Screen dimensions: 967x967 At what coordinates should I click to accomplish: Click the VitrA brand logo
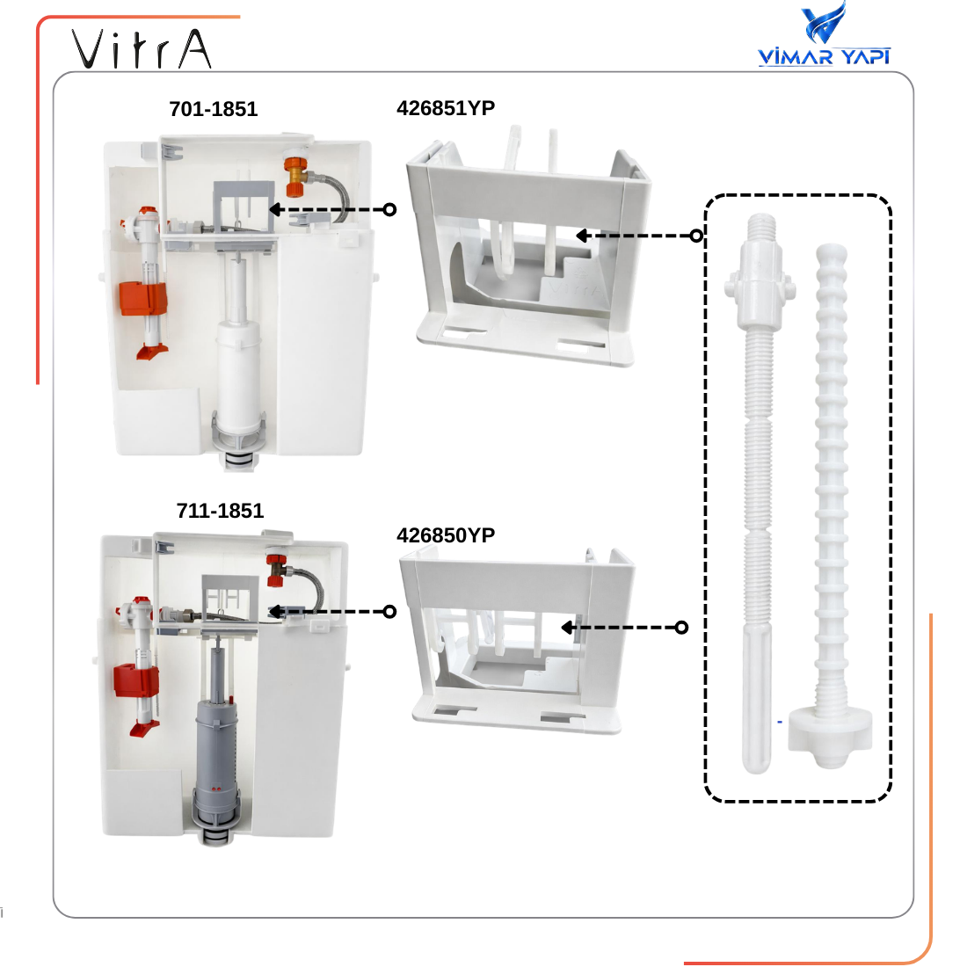pyautogui.click(x=142, y=48)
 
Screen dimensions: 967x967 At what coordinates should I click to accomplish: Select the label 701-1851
pyautogui.click(x=214, y=109)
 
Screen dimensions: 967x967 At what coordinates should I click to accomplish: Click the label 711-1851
pyautogui.click(x=220, y=511)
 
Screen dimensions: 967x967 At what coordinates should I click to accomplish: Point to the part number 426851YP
pyautogui.click(x=446, y=108)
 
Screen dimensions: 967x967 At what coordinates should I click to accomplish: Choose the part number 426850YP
pyautogui.click(x=446, y=535)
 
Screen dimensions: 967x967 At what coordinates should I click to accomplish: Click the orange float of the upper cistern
pyautogui.click(x=143, y=298)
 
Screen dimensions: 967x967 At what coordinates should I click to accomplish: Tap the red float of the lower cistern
pyautogui.click(x=136, y=680)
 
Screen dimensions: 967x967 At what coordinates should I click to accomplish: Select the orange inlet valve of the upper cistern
pyautogui.click(x=296, y=175)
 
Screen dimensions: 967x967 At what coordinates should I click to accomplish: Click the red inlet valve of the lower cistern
pyautogui.click(x=276, y=570)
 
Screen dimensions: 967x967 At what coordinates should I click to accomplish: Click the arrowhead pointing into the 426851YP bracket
pyautogui.click(x=581, y=236)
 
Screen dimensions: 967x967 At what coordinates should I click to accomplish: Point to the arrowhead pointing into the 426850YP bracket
pyautogui.click(x=567, y=628)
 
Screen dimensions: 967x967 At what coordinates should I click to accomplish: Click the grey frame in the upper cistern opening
pyautogui.click(x=244, y=207)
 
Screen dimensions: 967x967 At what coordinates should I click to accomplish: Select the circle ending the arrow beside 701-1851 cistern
pyautogui.click(x=389, y=210)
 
